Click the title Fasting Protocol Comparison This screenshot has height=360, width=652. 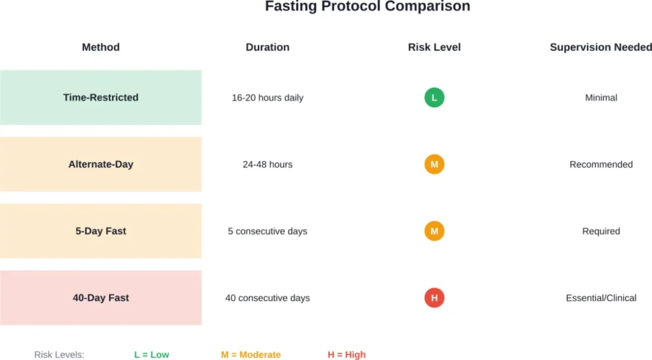click(367, 7)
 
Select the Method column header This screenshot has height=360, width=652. click(101, 47)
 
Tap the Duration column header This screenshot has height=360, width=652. click(267, 47)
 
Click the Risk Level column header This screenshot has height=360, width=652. click(434, 47)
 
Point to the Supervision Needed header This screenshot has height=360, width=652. click(600, 47)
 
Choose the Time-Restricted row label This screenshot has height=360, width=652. click(101, 97)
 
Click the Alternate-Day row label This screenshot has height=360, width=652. click(101, 164)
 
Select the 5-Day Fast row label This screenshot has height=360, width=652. click(101, 231)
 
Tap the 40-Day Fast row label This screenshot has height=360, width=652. click(101, 298)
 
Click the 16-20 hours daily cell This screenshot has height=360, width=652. click(267, 97)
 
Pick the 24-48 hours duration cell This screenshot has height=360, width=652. click(267, 164)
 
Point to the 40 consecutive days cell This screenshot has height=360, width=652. click(267, 298)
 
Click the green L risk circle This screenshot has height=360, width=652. click(434, 97)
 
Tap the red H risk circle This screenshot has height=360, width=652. click(434, 298)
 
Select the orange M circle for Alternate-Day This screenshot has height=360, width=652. click(434, 164)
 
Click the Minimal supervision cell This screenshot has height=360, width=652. click(601, 97)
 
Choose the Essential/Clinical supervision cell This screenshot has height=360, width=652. click(601, 298)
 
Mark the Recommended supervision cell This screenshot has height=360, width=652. click(601, 164)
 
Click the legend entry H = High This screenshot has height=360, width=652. click(346, 354)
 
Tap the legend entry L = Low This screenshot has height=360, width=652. click(152, 354)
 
